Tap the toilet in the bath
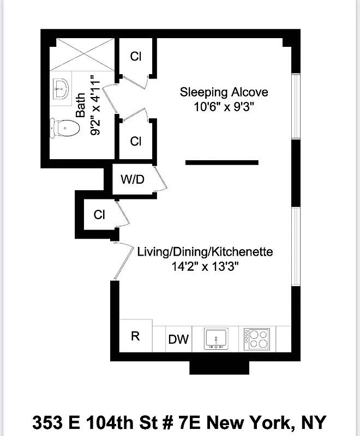[66, 129]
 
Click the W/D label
[132, 179]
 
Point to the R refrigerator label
[135, 336]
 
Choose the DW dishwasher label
[178, 340]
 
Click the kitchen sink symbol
[218, 338]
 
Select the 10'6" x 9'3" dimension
[224, 107]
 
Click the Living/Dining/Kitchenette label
[205, 252]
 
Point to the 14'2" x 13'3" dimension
[205, 267]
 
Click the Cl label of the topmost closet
[136, 56]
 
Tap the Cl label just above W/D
[136, 141]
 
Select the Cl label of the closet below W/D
[99, 215]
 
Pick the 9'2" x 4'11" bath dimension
[95, 106]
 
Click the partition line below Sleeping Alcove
[221, 162]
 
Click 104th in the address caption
[112, 422]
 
